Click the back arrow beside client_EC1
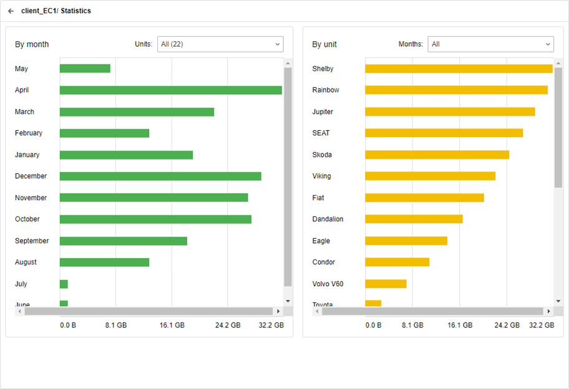11,11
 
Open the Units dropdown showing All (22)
220,44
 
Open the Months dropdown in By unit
490,44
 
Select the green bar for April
170,90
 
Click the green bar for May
85,69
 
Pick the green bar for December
160,176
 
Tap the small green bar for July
64,284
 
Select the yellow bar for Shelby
459,69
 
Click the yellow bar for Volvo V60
386,284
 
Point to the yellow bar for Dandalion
414,219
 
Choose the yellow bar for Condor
397,262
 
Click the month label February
29,133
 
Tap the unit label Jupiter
323,112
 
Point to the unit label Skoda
322,155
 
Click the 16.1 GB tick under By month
172,325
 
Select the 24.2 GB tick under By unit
507,325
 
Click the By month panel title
32,44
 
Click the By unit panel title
324,44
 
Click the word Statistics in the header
75,11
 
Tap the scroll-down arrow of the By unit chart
558,301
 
